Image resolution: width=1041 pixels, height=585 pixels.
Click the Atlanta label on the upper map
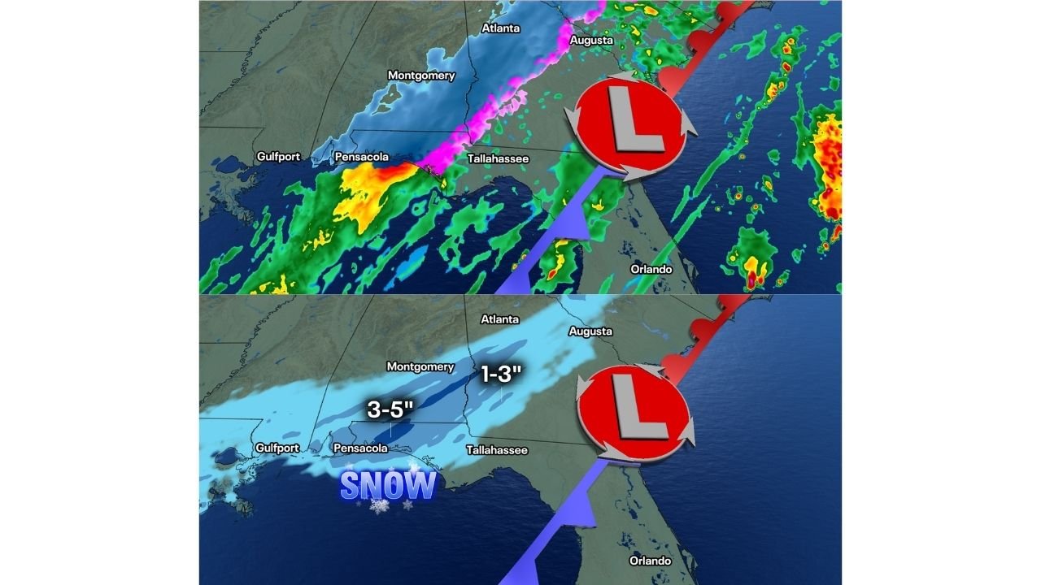click(501, 28)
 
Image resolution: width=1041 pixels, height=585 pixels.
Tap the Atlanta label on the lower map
click(500, 319)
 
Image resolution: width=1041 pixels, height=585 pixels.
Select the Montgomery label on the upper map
click(420, 76)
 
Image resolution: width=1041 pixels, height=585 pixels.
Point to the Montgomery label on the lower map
click(420, 366)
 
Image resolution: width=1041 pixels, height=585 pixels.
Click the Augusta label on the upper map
click(590, 40)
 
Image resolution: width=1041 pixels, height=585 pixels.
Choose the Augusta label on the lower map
click(590, 331)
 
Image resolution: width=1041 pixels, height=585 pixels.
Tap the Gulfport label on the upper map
click(278, 156)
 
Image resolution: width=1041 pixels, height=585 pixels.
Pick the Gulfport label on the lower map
click(277, 448)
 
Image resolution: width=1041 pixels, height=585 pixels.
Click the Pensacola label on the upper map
click(361, 156)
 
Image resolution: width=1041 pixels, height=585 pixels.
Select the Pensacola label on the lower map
click(360, 448)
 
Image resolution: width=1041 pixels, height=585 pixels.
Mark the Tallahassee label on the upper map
click(498, 158)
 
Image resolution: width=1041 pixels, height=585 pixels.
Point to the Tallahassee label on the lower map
click(497, 450)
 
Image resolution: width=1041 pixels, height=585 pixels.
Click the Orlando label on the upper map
click(651, 269)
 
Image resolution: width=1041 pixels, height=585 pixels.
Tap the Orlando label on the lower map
click(651, 561)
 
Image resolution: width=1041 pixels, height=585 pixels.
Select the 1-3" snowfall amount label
click(500, 375)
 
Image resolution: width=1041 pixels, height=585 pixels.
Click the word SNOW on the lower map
click(387, 486)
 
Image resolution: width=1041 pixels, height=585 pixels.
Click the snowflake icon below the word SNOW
click(379, 506)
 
